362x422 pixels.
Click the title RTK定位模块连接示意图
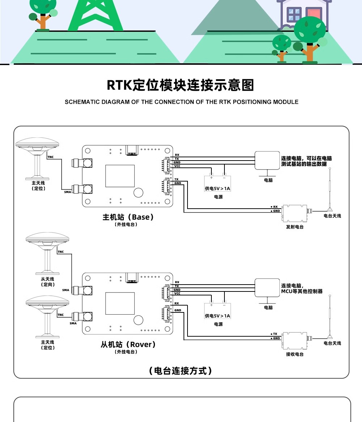click(x=181, y=85)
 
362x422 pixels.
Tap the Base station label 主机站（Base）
click(x=129, y=217)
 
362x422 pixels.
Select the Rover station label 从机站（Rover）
click(x=129, y=344)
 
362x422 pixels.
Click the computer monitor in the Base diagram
click(x=267, y=160)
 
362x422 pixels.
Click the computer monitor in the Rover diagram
click(x=267, y=287)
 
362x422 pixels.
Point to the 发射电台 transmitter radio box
click(x=295, y=214)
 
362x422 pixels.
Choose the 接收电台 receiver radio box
click(x=295, y=341)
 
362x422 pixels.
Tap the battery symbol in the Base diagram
click(x=218, y=180)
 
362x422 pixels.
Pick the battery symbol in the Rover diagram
click(x=218, y=307)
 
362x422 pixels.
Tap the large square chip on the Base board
click(x=120, y=176)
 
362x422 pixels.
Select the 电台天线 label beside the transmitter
click(x=332, y=216)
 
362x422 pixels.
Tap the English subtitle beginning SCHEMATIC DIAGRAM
click(x=181, y=102)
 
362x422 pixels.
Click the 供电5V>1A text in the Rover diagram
click(x=218, y=316)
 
